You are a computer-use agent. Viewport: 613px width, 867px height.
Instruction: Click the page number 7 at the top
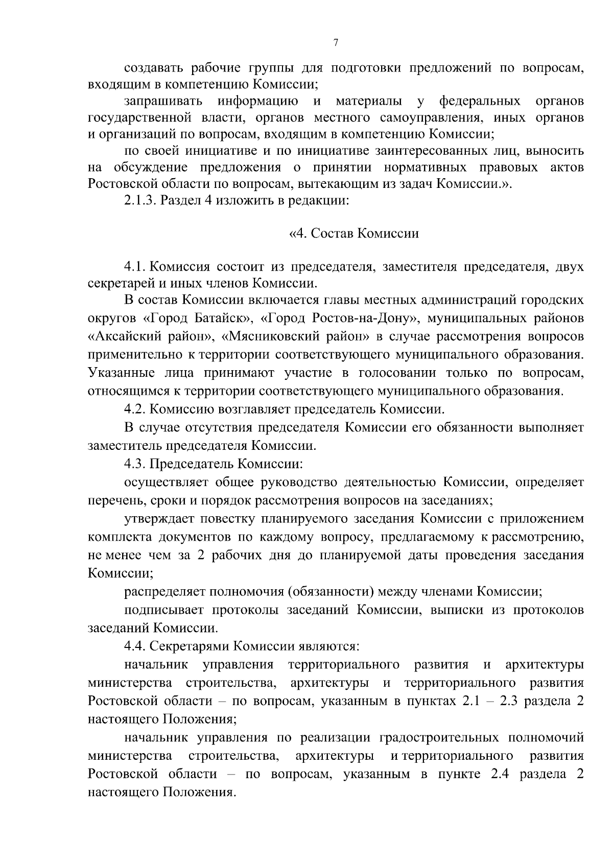(x=336, y=43)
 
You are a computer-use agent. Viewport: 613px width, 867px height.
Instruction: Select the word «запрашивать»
(x=164, y=101)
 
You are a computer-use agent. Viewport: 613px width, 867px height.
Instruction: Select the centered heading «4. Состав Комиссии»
(x=354, y=234)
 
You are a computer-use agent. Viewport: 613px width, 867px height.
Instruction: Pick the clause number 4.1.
(x=135, y=267)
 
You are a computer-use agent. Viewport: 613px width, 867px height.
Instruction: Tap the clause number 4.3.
(x=135, y=464)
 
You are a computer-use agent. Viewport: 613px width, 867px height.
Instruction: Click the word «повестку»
(x=227, y=519)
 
